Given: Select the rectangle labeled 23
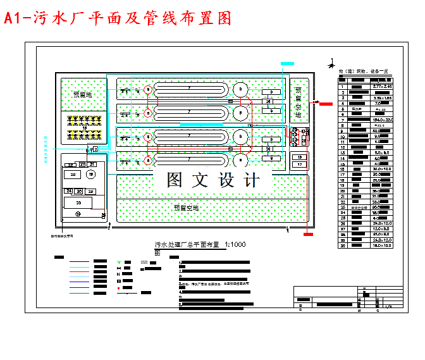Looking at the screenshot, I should tap(78, 202).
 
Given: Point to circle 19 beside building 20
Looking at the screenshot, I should tap(91, 175).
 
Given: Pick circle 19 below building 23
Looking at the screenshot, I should tap(78, 214).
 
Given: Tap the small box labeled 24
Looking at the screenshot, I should tap(68, 190).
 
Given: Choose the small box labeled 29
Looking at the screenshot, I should tap(90, 191).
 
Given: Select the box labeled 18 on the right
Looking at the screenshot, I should tap(300, 156).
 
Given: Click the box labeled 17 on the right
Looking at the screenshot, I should tap(300, 164).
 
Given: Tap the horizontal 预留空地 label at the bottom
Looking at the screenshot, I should tap(186, 208).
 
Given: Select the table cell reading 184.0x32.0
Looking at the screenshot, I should tap(382, 120).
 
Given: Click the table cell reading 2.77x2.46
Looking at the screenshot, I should tap(382, 86).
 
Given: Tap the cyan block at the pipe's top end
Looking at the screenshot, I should tap(287, 64).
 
